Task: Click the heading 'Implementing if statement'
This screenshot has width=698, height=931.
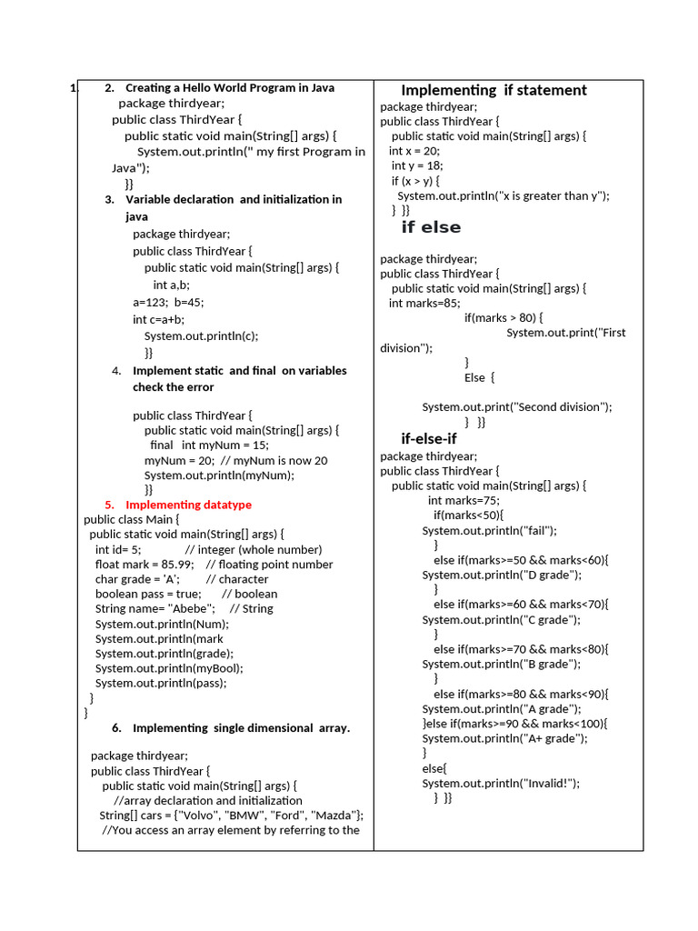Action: pyautogui.click(x=494, y=90)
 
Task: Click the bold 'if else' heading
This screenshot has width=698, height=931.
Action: pyautogui.click(x=431, y=227)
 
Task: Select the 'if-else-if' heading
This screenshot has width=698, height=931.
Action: pyautogui.click(x=429, y=439)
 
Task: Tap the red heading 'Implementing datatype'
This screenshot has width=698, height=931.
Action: pyautogui.click(x=188, y=505)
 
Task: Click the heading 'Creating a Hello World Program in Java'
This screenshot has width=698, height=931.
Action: pyautogui.click(x=230, y=88)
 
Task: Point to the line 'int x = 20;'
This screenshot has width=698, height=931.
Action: pyautogui.click(x=414, y=151)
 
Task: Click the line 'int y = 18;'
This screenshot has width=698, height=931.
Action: pyautogui.click(x=417, y=165)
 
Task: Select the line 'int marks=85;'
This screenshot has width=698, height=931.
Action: pyautogui.click(x=424, y=303)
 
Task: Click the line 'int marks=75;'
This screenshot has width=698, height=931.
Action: pyautogui.click(x=464, y=500)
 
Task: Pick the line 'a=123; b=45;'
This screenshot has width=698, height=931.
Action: pyautogui.click(x=168, y=303)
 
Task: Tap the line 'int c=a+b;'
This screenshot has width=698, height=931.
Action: pyautogui.click(x=158, y=319)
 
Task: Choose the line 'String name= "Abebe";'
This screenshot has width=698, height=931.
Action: pyautogui.click(x=155, y=608)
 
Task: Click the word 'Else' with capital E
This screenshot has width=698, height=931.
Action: pyautogui.click(x=475, y=377)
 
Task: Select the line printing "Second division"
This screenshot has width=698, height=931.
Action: pyautogui.click(x=516, y=407)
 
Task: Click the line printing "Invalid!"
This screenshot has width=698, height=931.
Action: pyautogui.click(x=500, y=783)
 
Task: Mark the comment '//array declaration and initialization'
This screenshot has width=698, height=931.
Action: pyautogui.click(x=208, y=800)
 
